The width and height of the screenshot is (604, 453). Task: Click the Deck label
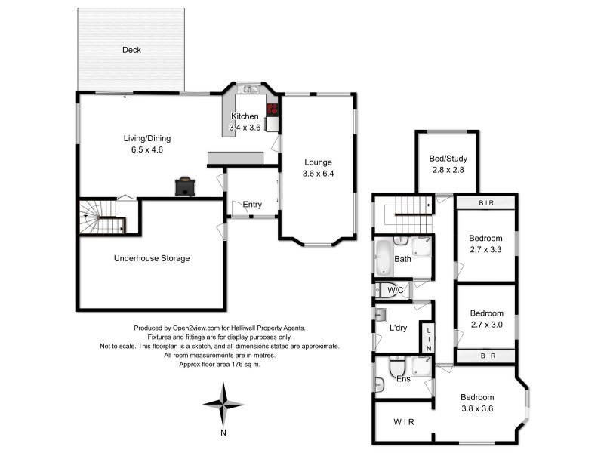(x=132, y=51)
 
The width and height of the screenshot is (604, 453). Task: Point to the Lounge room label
(x=318, y=162)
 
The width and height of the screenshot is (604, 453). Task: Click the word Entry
(x=253, y=205)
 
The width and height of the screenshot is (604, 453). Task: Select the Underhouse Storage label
(x=152, y=258)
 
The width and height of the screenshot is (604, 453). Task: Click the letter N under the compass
(x=223, y=433)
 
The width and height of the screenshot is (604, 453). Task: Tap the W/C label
(x=394, y=290)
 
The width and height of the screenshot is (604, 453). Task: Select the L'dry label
(x=399, y=328)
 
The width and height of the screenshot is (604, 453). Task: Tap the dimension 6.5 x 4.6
(x=148, y=149)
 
